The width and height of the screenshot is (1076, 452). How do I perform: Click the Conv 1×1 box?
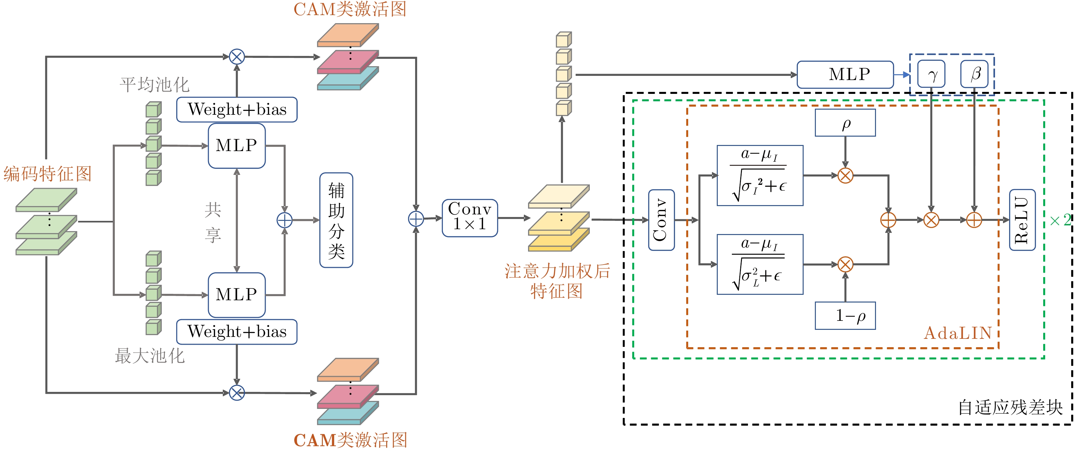(x=470, y=218)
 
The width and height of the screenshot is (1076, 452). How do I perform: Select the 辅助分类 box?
(x=336, y=220)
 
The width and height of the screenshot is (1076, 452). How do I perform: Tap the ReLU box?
(x=1022, y=220)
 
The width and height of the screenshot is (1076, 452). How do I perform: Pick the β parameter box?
(x=974, y=74)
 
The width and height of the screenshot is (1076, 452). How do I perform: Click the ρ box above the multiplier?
(x=845, y=123)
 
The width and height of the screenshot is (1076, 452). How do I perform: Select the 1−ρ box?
(x=845, y=315)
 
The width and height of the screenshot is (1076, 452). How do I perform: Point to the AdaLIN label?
(x=957, y=333)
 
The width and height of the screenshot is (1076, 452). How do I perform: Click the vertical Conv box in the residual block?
(x=661, y=220)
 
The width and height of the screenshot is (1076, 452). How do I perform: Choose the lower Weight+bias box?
(x=237, y=332)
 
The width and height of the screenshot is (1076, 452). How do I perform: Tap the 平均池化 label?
(x=155, y=85)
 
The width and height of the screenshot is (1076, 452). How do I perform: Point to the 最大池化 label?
(x=150, y=356)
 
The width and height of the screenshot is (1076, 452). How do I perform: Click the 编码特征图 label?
(x=47, y=173)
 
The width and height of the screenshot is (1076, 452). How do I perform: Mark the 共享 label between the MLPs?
(x=213, y=222)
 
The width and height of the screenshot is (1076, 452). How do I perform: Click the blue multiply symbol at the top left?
(x=237, y=57)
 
